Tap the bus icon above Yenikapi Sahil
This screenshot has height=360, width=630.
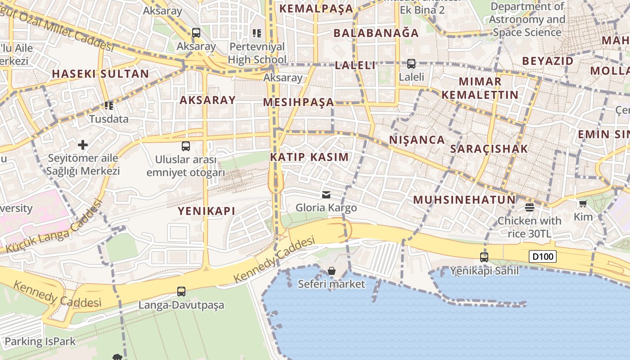(484, 257)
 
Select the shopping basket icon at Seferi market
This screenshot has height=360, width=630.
(332, 271)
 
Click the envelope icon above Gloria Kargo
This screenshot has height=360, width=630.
(326, 195)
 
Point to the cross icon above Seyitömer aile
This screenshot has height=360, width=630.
(83, 145)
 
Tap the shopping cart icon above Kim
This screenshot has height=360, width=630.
(583, 204)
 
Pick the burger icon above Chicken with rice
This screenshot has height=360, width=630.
(529, 207)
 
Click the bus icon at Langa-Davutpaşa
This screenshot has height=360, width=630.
(181, 292)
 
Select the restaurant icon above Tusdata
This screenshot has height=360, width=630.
(108, 106)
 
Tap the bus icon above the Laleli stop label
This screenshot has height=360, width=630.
(411, 64)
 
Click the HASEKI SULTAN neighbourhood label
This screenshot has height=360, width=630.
(100, 74)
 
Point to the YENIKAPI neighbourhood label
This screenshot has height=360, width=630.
(207, 211)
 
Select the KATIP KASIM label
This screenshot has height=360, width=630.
(309, 157)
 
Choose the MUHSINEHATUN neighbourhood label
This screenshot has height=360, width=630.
(464, 200)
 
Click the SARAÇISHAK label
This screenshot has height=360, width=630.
(489, 149)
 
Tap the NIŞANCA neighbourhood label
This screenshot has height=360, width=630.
(417, 140)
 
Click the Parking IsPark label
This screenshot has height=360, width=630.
(40, 342)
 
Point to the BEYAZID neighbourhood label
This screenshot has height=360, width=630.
(548, 61)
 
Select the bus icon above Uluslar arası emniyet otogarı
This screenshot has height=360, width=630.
(185, 146)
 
